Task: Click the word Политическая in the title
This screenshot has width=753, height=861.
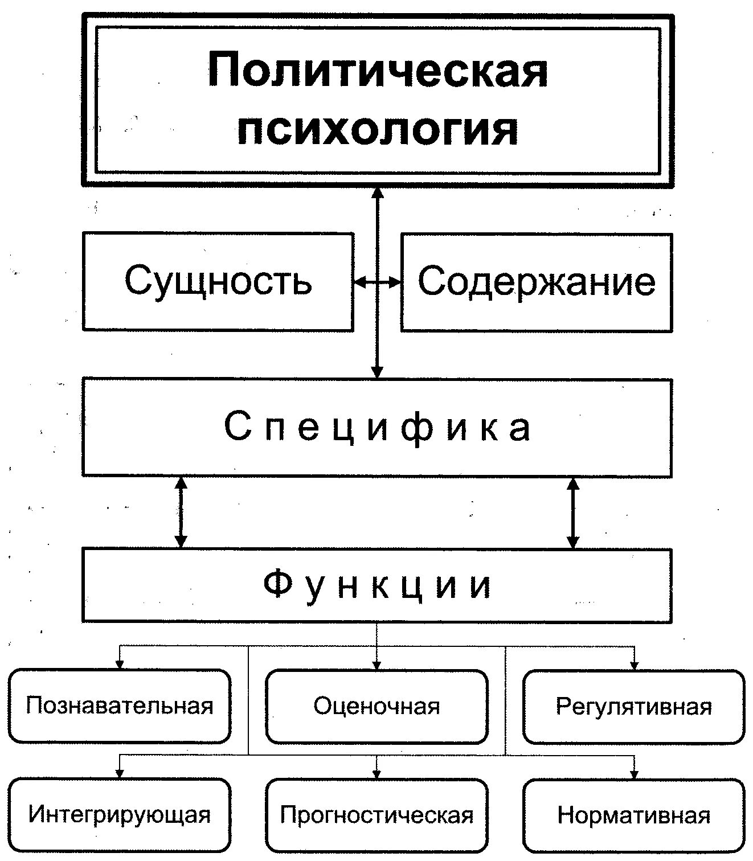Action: point(378,71)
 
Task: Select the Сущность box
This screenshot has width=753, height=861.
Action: point(218,281)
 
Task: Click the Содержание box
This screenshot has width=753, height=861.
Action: point(536,281)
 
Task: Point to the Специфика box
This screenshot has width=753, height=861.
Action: point(377,427)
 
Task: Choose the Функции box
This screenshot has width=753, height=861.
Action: point(377,585)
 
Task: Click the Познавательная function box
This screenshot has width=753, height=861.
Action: point(120,706)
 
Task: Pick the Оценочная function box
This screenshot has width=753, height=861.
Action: point(376,706)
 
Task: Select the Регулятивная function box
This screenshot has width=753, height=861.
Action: point(633,706)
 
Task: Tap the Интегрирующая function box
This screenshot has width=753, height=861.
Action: point(120,815)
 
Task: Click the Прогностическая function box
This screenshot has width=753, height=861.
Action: point(376,815)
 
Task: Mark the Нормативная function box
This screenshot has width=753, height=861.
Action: point(633,815)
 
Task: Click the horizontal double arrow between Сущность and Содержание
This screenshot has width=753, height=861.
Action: point(377,281)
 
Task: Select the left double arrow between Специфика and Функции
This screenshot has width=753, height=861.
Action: point(181,512)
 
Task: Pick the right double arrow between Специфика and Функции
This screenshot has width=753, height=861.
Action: point(573,512)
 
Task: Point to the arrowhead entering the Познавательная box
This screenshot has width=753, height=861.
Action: point(120,664)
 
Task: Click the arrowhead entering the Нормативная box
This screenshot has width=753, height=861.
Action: point(634,774)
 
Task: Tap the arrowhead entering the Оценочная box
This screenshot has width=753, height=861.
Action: point(376,664)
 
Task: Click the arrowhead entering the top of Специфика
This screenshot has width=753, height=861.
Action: point(377,372)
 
